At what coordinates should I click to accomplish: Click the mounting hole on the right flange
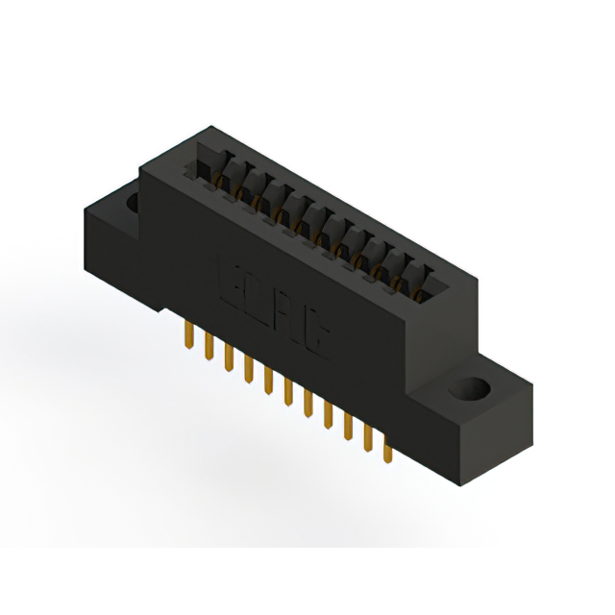[x=471, y=392]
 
